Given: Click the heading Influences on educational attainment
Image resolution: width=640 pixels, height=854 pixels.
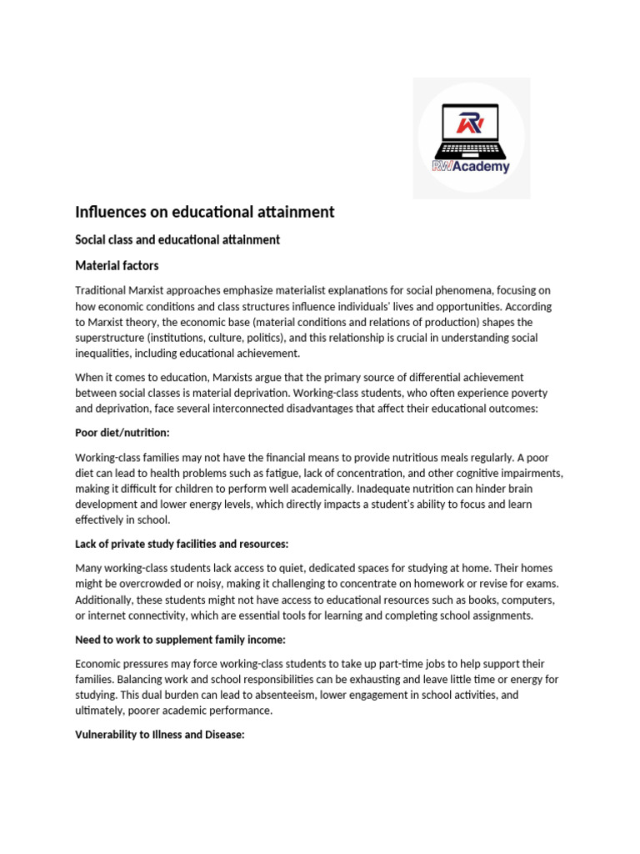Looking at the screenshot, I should click(205, 212).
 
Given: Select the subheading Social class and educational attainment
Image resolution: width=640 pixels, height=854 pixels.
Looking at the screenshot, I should click(177, 240).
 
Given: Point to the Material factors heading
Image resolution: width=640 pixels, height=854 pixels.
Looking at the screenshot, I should click(117, 266).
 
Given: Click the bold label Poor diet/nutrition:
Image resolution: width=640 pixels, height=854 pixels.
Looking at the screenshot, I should click(122, 433).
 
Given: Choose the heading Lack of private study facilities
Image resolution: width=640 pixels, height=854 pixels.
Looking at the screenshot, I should click(182, 544).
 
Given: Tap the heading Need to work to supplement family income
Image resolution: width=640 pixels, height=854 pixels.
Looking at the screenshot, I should click(180, 639).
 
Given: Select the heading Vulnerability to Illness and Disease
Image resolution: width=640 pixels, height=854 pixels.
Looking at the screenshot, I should click(160, 735).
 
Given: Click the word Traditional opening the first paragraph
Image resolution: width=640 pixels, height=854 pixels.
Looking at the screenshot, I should click(102, 290).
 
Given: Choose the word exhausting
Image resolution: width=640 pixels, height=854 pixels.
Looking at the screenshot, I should click(398, 680).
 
